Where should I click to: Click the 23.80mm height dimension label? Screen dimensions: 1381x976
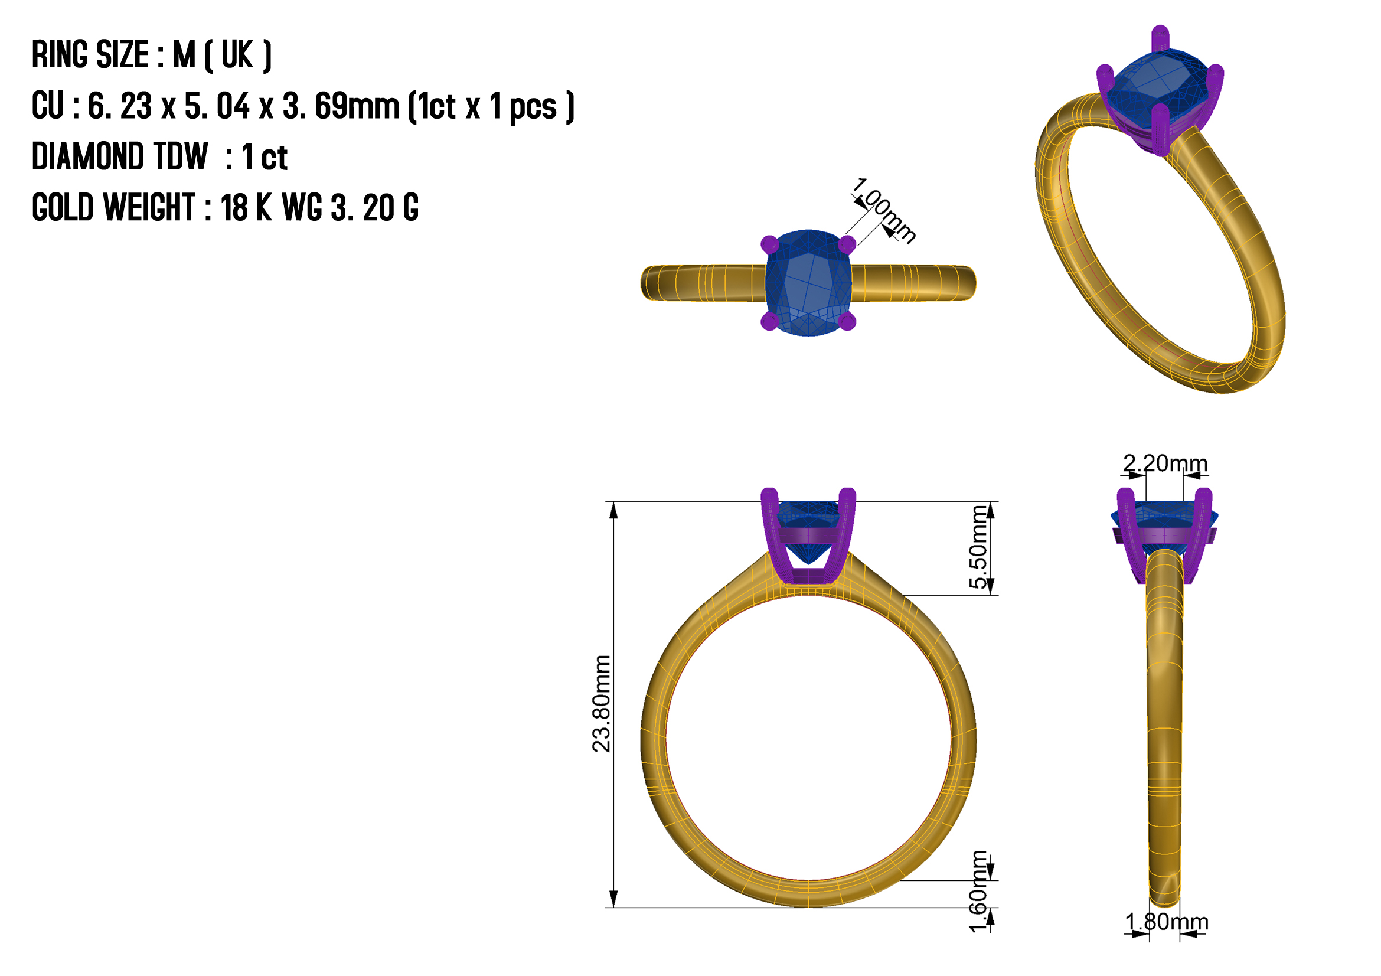602,704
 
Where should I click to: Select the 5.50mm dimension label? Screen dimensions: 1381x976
978,547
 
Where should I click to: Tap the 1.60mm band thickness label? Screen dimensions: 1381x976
978,891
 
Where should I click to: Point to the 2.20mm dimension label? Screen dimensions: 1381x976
1165,463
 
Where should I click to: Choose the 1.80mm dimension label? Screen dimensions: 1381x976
1166,922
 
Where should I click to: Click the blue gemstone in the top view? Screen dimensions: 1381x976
808,283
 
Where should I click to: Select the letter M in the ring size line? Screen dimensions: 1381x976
184,55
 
